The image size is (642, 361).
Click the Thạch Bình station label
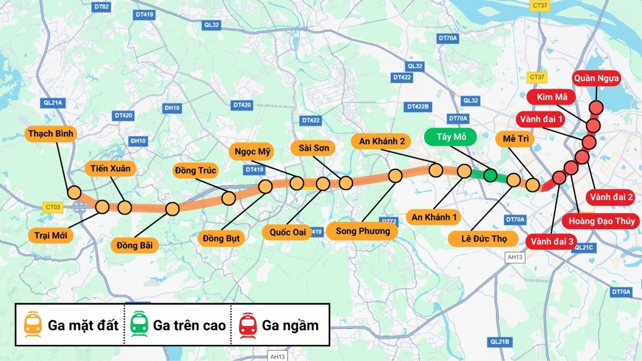coord(51,134)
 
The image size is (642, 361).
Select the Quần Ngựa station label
coord(597,79)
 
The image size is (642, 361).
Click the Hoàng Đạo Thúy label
coord(601,221)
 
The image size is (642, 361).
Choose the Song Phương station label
coord(363,231)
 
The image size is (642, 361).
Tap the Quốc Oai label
coord(287,232)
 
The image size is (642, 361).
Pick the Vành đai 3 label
coord(552,241)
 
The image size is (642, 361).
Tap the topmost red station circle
coord(596,107)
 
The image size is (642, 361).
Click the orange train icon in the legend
coord(33,325)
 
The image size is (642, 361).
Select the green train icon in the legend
coord(140,325)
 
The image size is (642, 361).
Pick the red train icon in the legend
coord(248,325)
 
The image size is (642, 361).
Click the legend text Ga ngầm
coord(290,325)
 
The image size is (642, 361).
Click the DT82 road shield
coord(101,7)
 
